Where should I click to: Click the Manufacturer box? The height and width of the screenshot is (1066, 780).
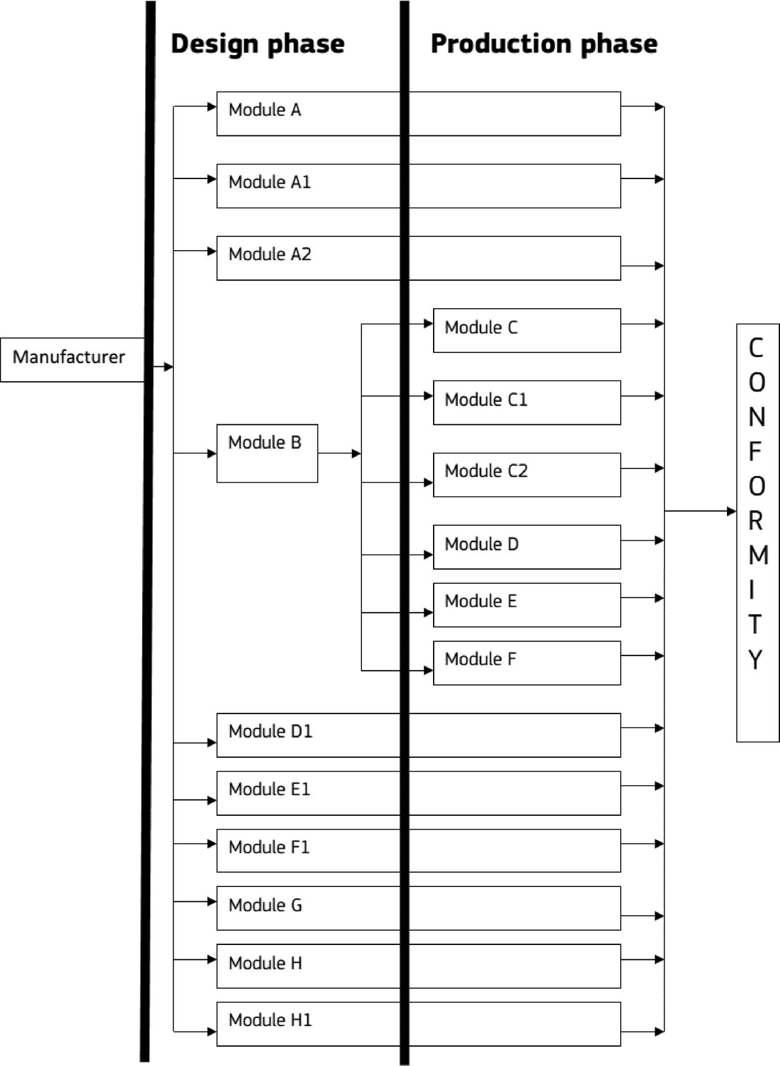click(72, 360)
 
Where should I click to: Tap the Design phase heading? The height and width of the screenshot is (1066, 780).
click(258, 44)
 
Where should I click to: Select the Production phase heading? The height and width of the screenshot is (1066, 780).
click(544, 44)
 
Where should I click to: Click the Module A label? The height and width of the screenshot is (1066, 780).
click(265, 110)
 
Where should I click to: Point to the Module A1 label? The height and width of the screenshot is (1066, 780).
click(270, 182)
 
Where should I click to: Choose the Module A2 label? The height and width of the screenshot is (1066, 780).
click(270, 254)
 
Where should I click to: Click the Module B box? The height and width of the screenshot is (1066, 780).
click(267, 453)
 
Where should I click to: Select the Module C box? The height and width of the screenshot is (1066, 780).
click(527, 331)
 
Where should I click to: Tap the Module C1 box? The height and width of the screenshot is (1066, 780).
click(527, 402)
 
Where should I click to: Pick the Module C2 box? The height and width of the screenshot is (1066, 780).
click(527, 475)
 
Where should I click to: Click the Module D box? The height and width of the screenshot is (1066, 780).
click(527, 547)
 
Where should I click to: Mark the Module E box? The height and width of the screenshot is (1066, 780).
click(527, 605)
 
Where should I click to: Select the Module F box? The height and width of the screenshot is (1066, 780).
click(527, 663)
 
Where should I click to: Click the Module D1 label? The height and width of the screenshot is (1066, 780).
click(270, 732)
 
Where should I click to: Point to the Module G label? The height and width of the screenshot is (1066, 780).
click(265, 905)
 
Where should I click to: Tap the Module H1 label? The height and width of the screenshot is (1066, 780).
click(270, 1020)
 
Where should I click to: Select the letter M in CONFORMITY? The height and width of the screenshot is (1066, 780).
click(758, 555)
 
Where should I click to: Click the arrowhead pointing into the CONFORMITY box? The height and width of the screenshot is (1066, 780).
click(732, 511)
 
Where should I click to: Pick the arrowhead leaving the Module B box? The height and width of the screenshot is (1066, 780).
click(356, 453)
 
